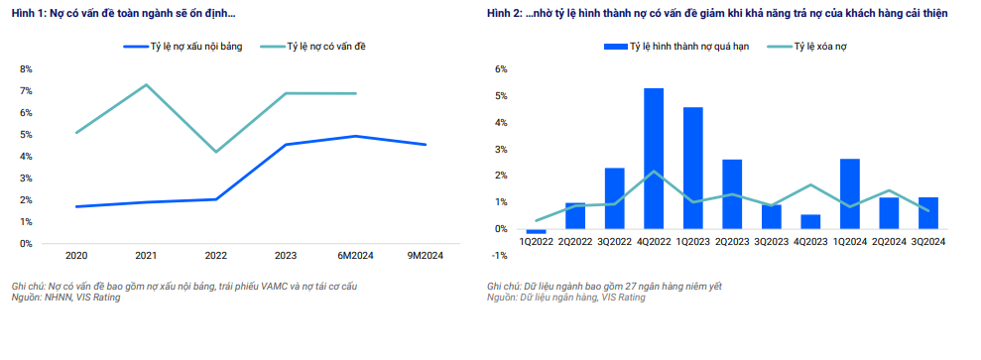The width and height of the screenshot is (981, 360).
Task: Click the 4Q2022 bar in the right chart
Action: click(654, 159)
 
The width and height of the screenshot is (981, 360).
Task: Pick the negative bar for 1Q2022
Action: click(537, 231)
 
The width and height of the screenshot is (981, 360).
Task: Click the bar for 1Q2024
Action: click(850, 193)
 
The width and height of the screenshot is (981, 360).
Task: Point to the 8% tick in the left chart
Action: click(26, 69)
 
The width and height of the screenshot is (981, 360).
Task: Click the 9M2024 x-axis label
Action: click(426, 256)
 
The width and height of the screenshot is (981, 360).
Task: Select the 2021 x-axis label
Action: click(146, 256)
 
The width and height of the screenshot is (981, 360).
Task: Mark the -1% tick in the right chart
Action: click(500, 256)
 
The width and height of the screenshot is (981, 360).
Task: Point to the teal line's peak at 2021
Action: click(147, 84)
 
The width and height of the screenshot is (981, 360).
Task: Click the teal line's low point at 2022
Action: click(216, 152)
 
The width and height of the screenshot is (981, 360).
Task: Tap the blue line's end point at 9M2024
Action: click(426, 145)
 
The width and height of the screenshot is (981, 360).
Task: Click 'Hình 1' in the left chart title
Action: click(28, 15)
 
